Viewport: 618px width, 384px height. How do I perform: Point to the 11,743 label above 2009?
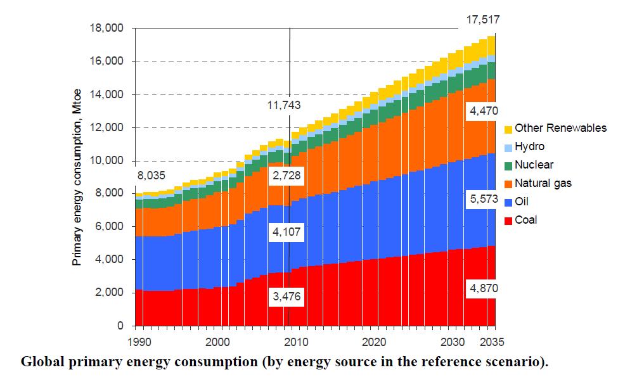click(283, 106)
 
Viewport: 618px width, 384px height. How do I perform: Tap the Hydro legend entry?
click(529, 146)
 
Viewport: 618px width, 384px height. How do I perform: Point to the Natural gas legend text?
click(543, 183)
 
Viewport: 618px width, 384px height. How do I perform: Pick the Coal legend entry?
click(526, 220)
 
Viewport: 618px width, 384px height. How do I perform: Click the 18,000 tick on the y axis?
click(108, 29)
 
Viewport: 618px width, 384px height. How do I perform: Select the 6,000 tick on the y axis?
click(111, 227)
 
